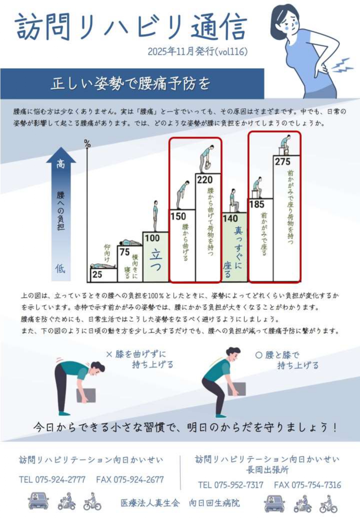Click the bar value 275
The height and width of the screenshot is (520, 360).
(283, 162)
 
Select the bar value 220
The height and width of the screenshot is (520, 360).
(205, 180)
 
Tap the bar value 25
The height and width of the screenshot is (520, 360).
(97, 275)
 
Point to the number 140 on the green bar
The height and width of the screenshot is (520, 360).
(230, 219)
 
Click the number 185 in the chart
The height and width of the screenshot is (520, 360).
(257, 204)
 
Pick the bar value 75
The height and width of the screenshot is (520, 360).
(125, 252)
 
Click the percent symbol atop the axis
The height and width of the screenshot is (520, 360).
(87, 144)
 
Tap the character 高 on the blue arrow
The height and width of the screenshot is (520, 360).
(61, 164)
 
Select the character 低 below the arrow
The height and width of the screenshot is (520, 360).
(60, 269)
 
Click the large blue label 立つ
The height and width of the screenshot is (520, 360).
(156, 260)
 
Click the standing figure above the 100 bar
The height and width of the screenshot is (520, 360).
(156, 216)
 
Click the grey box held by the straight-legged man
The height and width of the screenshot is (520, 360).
(86, 396)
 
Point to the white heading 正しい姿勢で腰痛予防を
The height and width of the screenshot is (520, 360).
(131, 84)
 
